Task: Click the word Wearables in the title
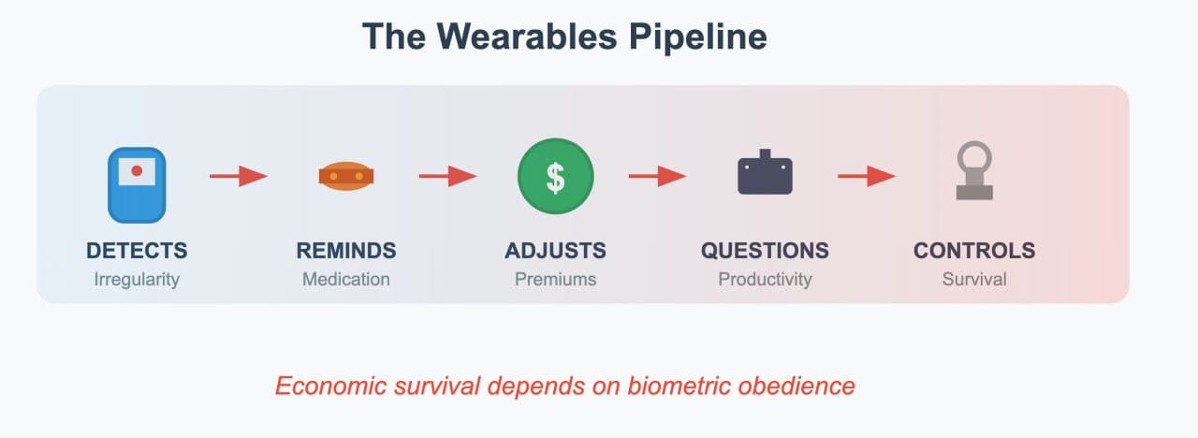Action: point(527,36)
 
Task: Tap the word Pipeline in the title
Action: point(698,37)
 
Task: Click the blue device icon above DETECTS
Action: point(137,185)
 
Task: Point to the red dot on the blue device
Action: point(137,170)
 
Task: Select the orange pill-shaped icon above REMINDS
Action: point(346,176)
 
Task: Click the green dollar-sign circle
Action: point(556,176)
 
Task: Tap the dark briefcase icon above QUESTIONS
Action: point(765,171)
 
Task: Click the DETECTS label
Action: point(137,250)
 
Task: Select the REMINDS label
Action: point(346,250)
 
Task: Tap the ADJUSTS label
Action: point(556,250)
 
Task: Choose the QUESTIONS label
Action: point(765,250)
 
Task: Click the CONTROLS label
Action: point(974,250)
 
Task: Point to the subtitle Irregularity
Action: point(137,280)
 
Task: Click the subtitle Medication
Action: point(346,279)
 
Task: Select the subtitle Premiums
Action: point(556,279)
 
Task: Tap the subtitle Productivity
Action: point(765,280)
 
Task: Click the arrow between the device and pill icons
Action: point(239,176)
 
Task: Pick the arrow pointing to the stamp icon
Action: point(867,176)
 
